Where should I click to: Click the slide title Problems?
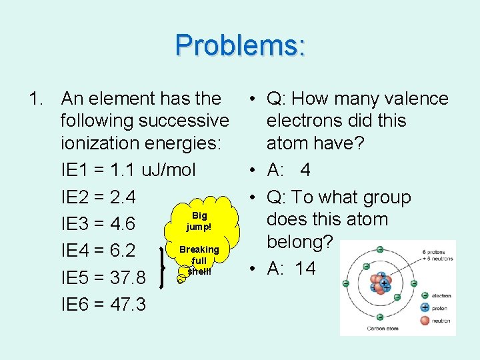(240, 45)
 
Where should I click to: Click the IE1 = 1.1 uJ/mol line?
(128, 170)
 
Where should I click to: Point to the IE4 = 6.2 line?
(98, 251)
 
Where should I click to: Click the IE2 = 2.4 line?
(98, 197)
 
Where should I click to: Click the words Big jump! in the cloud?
(199, 221)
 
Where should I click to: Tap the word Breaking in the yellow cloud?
(199, 249)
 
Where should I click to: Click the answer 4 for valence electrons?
(305, 170)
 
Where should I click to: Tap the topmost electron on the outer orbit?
(379, 249)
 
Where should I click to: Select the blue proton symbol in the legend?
(425, 307)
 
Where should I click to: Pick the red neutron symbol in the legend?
(425, 321)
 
